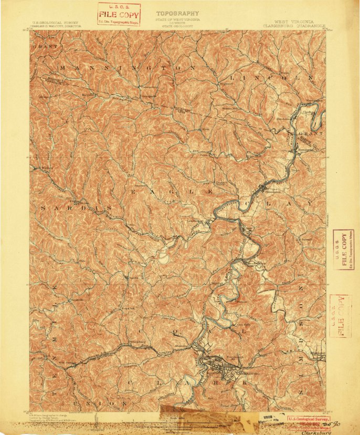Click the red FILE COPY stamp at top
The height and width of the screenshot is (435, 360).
coord(119,14)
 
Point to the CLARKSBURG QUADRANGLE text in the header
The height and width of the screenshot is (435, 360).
coord(294,25)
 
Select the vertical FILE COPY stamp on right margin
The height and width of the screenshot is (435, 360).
coord(344,250)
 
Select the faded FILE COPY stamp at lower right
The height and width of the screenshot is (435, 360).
coord(338,315)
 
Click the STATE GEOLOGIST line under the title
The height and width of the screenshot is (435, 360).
coord(177,24)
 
